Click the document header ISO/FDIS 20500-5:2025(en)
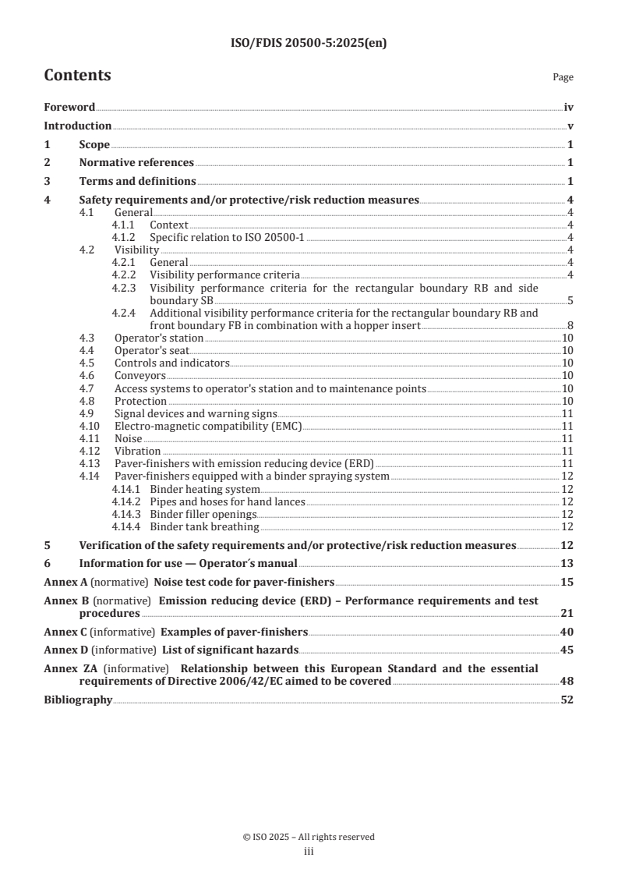(309, 44)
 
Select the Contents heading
(77, 76)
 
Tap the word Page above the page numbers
(563, 77)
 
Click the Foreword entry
(69, 108)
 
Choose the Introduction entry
(77, 126)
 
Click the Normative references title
(136, 162)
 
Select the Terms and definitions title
(137, 181)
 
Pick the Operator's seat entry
(152, 351)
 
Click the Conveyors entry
(140, 376)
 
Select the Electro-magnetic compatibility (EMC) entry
(207, 426)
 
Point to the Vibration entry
(137, 451)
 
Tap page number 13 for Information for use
(567, 563)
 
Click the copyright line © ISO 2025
(309, 837)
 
